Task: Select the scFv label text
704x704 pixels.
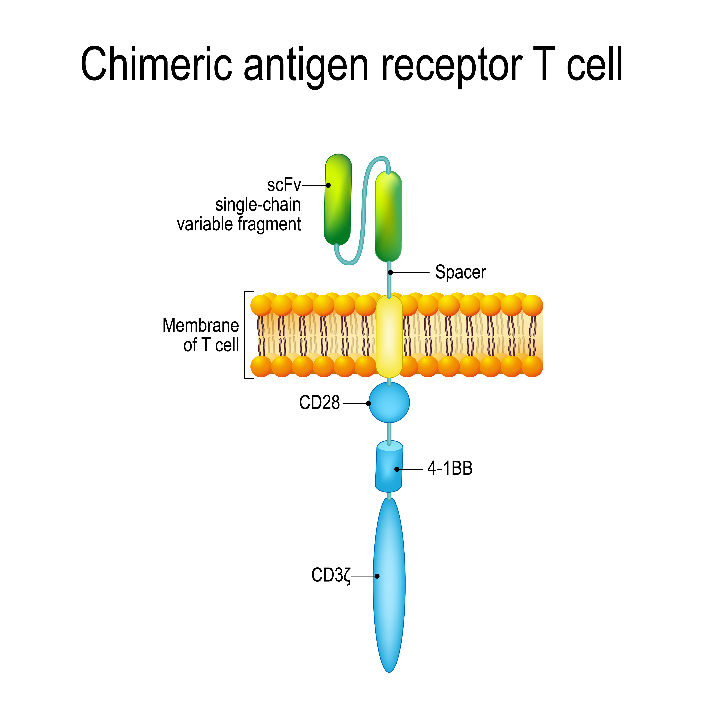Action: point(283,185)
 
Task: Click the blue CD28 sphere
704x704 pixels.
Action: point(389,402)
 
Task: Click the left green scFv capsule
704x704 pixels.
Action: point(338,200)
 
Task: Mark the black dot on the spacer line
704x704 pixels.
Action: point(390,272)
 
